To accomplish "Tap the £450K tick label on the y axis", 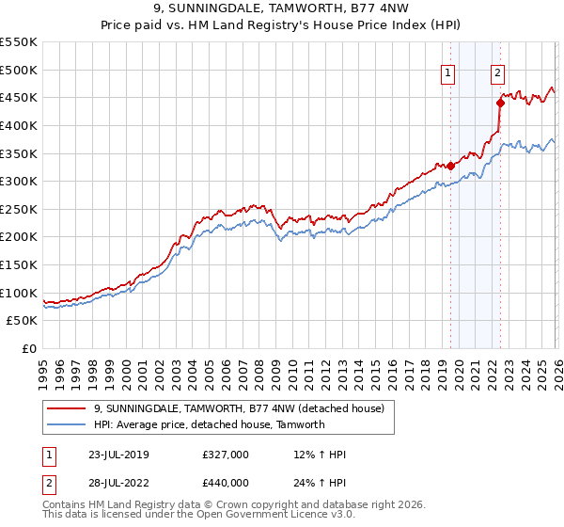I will click(18, 97).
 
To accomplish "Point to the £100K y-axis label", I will click(18, 293).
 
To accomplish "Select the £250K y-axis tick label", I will click(18, 209).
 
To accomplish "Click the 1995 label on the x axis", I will click(43, 368).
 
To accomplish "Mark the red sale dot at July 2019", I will click(450, 166).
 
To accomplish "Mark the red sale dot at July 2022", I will click(500, 103).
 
